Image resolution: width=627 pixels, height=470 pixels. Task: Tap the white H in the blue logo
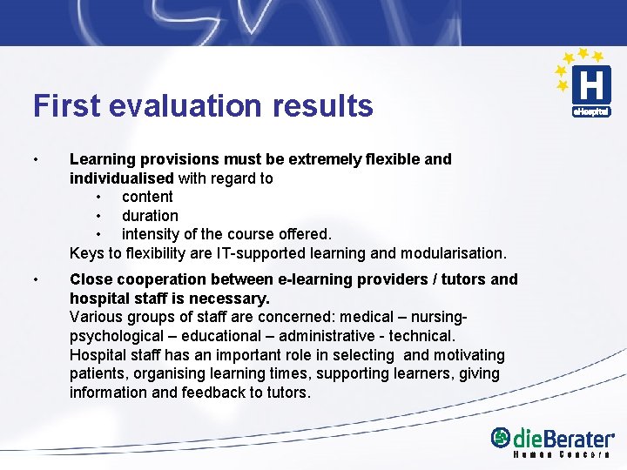[x=590, y=86]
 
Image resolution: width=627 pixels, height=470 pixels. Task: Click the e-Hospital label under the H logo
[x=590, y=112]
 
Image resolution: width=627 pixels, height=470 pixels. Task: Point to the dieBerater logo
[x=552, y=438]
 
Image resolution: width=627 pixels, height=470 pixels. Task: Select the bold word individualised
[x=121, y=178]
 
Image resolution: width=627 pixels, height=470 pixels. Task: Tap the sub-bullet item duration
[x=150, y=216]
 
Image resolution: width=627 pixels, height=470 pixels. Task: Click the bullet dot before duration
[x=99, y=216]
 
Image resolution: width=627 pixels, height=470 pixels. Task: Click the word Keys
[x=86, y=253]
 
